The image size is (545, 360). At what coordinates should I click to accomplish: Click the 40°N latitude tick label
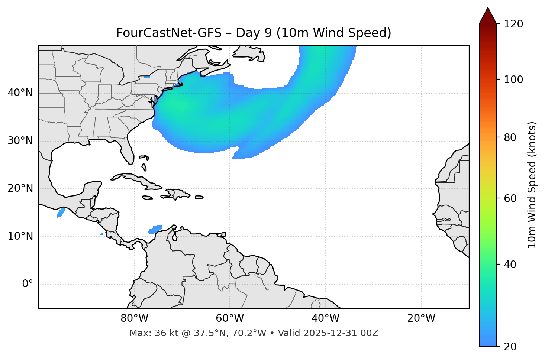[x=20, y=93]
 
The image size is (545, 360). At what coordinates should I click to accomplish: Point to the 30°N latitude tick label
[x=20, y=141]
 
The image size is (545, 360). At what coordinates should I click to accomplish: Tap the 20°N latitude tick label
[x=20, y=188]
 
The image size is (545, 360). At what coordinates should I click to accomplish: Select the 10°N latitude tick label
[x=20, y=236]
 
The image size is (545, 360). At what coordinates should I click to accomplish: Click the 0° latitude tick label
[x=28, y=284]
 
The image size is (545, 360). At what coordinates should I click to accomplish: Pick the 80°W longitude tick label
[x=134, y=318]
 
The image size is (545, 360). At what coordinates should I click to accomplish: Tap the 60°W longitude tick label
[x=230, y=318]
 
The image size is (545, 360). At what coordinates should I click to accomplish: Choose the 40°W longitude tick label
[x=325, y=318]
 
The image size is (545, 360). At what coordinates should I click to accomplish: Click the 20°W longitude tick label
[x=421, y=318]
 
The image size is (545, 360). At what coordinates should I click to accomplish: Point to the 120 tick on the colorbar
[x=514, y=24]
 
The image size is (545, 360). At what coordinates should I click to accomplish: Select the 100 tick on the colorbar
[x=514, y=80]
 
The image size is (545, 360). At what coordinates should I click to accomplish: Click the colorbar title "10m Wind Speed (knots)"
[x=532, y=185]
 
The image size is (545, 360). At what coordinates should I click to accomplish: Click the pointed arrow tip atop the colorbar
[x=488, y=9]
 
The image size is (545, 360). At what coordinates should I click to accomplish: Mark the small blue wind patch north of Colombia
[x=156, y=229]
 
